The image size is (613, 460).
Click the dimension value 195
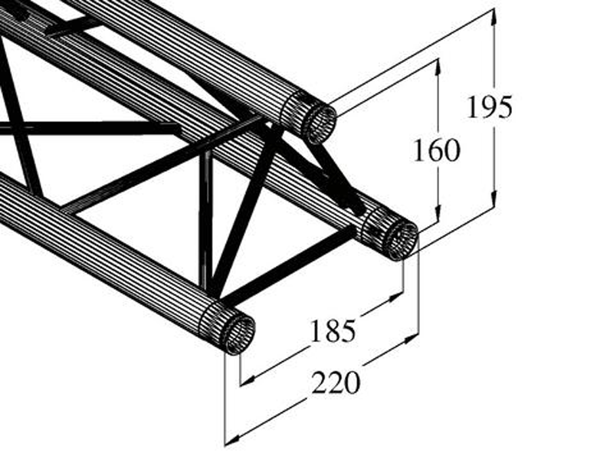tap(490, 107)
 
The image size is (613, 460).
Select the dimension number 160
tap(437, 150)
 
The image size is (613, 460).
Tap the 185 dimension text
tap(333, 331)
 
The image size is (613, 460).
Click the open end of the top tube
tap(320, 123)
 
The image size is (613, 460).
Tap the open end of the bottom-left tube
tap(238, 334)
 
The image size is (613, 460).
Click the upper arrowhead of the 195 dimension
tap(494, 16)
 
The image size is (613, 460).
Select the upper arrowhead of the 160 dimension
tap(438, 67)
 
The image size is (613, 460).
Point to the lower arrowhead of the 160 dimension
tap(438, 214)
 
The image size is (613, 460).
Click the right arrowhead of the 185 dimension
tap(395, 297)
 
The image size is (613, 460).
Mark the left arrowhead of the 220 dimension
tap(233, 439)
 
